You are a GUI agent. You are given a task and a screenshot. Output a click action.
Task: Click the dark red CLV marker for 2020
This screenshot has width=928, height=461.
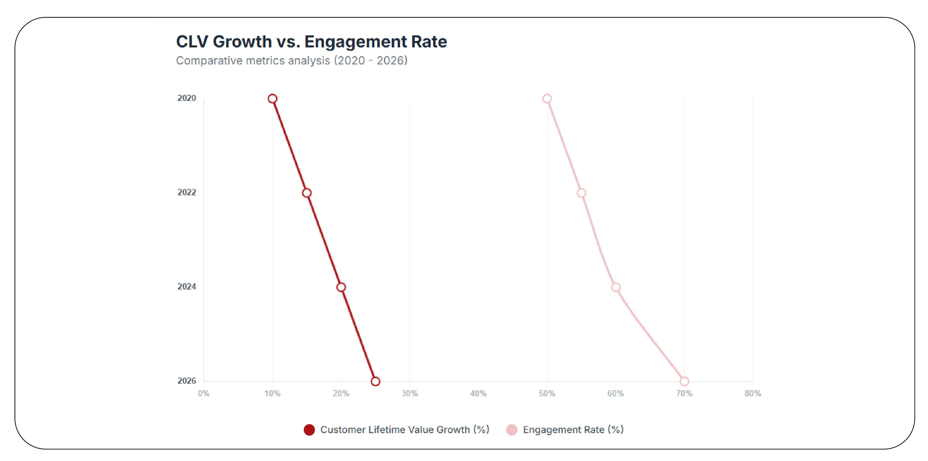click(272, 99)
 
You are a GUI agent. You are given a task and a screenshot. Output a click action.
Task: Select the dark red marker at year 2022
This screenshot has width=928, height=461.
click(307, 193)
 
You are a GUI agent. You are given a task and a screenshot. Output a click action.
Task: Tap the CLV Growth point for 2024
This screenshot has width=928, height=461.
click(341, 287)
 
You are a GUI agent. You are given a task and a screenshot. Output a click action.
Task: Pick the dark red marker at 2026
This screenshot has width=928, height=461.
click(375, 381)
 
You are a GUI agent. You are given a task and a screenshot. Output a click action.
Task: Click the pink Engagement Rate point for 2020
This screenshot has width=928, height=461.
click(547, 99)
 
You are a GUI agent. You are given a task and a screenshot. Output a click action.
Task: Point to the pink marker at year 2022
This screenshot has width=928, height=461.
click(581, 193)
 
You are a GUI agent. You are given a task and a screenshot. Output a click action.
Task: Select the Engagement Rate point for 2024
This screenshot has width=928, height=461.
click(616, 287)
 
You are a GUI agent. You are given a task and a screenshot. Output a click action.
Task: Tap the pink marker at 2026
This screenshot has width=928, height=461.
click(684, 381)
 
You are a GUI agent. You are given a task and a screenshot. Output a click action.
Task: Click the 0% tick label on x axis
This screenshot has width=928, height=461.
click(203, 394)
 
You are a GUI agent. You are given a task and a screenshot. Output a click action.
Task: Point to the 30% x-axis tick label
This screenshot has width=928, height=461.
click(410, 394)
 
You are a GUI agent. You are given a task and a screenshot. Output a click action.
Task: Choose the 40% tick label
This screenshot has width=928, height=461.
click(478, 394)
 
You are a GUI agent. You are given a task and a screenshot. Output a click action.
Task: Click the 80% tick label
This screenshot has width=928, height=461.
click(752, 394)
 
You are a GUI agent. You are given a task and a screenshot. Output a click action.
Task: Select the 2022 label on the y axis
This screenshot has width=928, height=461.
click(187, 192)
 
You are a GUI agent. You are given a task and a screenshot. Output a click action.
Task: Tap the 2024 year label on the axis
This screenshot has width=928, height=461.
click(187, 287)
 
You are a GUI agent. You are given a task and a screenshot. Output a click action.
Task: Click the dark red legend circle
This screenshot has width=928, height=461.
click(309, 430)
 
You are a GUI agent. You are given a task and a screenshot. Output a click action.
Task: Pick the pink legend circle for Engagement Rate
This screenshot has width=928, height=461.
click(512, 430)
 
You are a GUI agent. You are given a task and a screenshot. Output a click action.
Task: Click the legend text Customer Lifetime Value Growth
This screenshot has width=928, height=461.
click(404, 430)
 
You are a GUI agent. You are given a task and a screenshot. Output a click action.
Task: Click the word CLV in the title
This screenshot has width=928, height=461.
click(192, 42)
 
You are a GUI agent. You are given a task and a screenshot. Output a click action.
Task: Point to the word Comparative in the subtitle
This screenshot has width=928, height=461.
click(209, 61)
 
